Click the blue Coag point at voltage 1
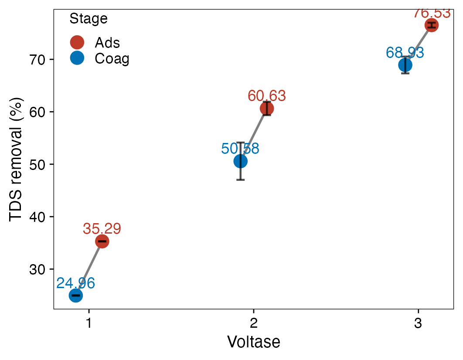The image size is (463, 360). pos(76,295)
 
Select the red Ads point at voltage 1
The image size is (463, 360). pos(102,241)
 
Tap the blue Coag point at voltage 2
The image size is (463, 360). pos(240,161)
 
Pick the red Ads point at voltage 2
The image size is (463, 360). pos(267,109)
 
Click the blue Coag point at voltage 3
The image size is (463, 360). pos(405,65)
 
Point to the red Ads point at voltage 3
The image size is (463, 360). pos(431,25)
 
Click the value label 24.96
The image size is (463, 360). pos(76,283)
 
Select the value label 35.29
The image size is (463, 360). pos(102,229)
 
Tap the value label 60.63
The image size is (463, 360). pos(267,96)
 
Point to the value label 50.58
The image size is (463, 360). pos(240,149)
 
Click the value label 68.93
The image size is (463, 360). pos(405,53)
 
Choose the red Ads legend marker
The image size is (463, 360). pos(77,42)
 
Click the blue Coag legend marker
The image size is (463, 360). pos(77,58)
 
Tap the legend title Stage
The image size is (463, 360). pos(89,19)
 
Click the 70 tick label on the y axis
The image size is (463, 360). pos(38,59)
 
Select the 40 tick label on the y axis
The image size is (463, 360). pos(38,217)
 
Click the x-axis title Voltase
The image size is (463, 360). pos(253,342)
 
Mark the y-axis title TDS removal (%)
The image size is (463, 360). pos(16,159)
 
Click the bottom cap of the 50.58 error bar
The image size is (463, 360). pos(240,180)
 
